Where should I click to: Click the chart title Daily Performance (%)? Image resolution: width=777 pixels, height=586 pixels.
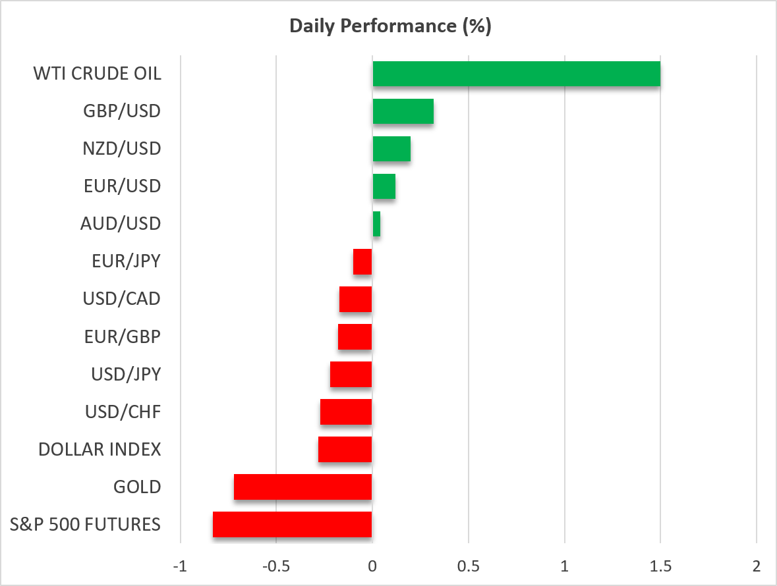[390, 26]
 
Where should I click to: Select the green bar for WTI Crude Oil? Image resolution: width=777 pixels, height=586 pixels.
[516, 74]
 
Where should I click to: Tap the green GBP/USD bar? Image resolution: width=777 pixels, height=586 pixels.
[403, 111]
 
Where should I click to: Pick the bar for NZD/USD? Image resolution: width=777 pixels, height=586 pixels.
[391, 149]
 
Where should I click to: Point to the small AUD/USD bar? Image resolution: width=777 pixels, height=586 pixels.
[376, 224]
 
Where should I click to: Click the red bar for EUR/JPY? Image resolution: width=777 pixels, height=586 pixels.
[362, 261]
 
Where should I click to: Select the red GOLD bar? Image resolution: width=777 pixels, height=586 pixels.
[302, 487]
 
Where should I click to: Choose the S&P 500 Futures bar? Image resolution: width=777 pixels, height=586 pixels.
[293, 525]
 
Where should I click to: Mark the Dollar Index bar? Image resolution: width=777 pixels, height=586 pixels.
[345, 450]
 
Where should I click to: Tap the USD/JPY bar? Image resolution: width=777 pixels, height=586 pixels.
[351, 374]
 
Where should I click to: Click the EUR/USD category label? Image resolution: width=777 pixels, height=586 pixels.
[123, 186]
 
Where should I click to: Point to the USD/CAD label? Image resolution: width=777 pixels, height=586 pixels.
[121, 299]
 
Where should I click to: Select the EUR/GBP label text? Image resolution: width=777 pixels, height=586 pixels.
[123, 336]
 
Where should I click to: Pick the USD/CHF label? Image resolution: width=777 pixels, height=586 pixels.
[123, 412]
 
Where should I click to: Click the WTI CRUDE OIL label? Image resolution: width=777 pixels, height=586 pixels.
[97, 74]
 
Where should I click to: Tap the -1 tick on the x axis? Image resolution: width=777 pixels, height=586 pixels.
[181, 566]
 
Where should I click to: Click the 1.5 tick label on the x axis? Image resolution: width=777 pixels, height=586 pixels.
[660, 566]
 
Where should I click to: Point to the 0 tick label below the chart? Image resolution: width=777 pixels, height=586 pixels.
[372, 566]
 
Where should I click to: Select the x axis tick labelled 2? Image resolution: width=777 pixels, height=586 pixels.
[756, 566]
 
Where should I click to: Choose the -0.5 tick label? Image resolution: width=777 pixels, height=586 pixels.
[276, 566]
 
